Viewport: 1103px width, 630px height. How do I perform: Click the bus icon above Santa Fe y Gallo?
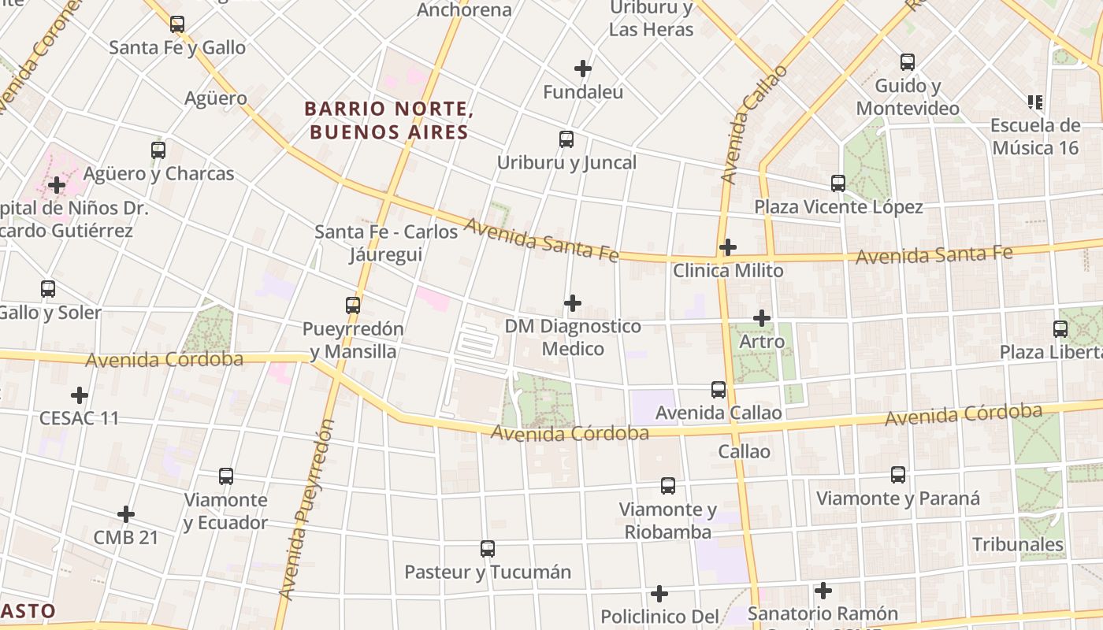[x=177, y=24]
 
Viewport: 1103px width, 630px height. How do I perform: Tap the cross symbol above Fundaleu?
[x=583, y=69]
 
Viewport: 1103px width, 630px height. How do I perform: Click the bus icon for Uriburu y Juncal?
[x=566, y=139]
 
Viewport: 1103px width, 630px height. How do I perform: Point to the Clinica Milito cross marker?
[x=728, y=247]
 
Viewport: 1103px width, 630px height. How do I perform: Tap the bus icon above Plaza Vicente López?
[x=838, y=183]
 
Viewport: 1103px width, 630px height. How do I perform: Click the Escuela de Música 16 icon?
[x=1035, y=102]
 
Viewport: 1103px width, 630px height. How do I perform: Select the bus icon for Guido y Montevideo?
[x=908, y=62]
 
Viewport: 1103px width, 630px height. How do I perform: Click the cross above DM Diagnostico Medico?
[x=573, y=303]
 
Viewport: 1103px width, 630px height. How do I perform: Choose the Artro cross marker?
[x=762, y=318]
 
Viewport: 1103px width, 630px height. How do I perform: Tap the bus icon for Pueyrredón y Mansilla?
[x=353, y=306]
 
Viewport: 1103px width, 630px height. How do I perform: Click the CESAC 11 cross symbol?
[x=80, y=395]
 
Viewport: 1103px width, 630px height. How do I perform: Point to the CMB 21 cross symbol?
[x=126, y=514]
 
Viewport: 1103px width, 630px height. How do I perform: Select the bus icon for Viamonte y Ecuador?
[x=226, y=476]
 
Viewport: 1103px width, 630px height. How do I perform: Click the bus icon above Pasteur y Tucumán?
[x=488, y=549]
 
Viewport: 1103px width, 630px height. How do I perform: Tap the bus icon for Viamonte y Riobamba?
[x=668, y=486]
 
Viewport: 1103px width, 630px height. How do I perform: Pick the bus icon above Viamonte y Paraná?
[x=898, y=475]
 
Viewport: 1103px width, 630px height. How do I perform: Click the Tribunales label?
[x=1017, y=544]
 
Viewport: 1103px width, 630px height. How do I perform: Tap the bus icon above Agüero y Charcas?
[x=158, y=150]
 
